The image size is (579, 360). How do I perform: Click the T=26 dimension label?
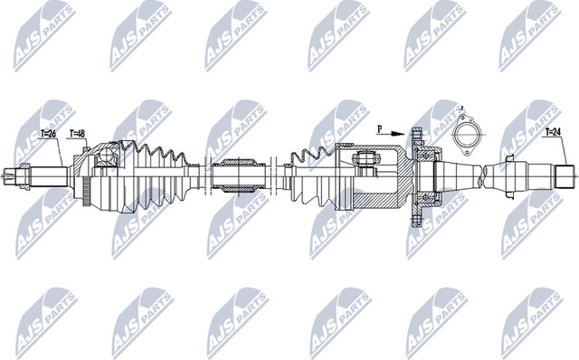(x=49, y=134)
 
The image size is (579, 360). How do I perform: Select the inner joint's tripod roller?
(x=367, y=161)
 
